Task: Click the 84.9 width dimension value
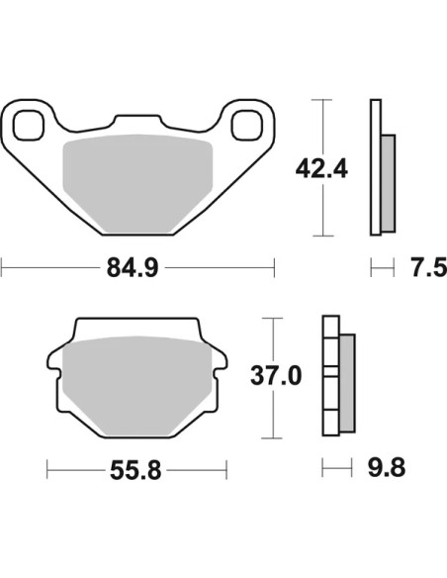(133, 268)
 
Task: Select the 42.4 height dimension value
(321, 169)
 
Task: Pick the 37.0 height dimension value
(276, 376)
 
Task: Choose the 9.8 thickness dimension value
(387, 468)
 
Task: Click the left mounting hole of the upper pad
(29, 126)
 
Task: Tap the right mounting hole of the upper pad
(247, 126)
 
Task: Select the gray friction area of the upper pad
(138, 183)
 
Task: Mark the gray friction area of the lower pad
(136, 386)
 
